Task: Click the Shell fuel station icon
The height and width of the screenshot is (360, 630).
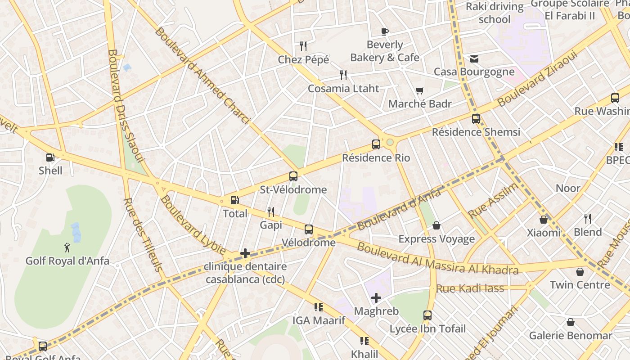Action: [x=50, y=157]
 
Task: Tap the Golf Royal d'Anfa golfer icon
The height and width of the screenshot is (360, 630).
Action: [x=67, y=247]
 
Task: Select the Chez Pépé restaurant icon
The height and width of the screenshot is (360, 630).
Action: [x=303, y=46]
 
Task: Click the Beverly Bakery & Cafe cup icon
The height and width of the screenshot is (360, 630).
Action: [x=384, y=31]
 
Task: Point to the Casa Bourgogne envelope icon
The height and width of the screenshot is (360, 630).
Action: [x=474, y=59]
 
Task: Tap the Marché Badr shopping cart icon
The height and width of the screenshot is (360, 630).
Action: [x=419, y=91]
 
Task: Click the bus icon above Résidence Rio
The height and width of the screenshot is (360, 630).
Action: [x=376, y=144]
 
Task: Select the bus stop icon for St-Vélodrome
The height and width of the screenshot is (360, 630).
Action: [x=293, y=176]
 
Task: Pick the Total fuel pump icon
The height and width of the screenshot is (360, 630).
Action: [x=234, y=200]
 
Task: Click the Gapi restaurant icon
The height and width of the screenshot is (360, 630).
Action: [x=270, y=211]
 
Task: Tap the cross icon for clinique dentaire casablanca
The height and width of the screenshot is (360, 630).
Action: [x=245, y=253]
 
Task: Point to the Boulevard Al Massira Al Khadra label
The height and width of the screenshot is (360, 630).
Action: [x=437, y=259]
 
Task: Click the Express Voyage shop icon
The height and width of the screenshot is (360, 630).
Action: [x=436, y=225]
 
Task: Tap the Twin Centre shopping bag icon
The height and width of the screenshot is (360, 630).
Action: [x=580, y=272]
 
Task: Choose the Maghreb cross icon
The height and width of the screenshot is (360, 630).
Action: [x=376, y=298]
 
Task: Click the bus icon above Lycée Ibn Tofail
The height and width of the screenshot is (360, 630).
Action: [x=427, y=315]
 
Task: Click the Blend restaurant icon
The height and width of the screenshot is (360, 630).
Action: [x=588, y=219]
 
